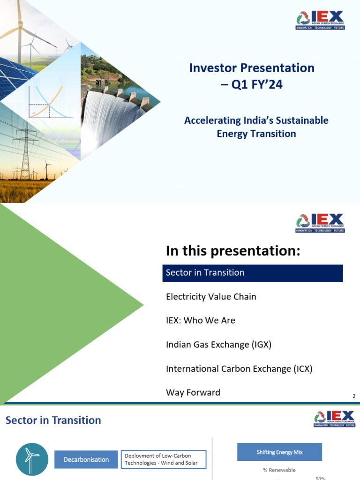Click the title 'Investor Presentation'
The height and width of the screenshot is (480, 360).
pyautogui.click(x=252, y=68)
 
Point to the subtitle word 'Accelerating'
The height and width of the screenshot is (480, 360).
pyautogui.click(x=211, y=120)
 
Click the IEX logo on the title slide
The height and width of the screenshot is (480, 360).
pyautogui.click(x=320, y=20)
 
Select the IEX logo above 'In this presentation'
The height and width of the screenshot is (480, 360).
pyautogui.click(x=320, y=223)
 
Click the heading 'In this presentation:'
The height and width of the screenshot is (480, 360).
pyautogui.click(x=232, y=251)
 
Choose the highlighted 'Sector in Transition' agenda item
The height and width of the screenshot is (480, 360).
pyautogui.click(x=253, y=273)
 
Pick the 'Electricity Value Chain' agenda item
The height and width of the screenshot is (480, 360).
pyautogui.click(x=211, y=297)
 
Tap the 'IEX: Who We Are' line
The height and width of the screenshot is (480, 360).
pyautogui.click(x=201, y=321)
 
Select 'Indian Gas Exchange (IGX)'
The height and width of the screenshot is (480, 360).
pyautogui.click(x=218, y=345)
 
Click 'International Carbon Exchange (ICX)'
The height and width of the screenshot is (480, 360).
pyautogui.click(x=239, y=369)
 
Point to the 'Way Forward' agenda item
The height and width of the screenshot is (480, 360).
pyautogui.click(x=193, y=393)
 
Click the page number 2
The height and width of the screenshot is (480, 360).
pyautogui.click(x=354, y=397)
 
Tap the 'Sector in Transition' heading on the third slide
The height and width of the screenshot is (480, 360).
pyautogui.click(x=53, y=420)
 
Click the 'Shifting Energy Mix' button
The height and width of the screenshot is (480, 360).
pyautogui.click(x=279, y=452)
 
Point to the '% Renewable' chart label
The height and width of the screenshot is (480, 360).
pyautogui.click(x=279, y=470)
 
